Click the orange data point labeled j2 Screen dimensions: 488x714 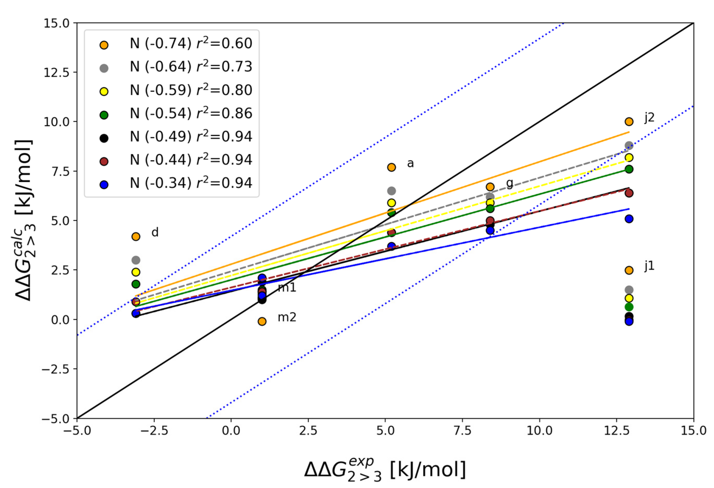pyautogui.click(x=628, y=121)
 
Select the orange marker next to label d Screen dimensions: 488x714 pyautogui.click(x=136, y=236)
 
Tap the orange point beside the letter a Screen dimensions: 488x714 pyautogui.click(x=391, y=167)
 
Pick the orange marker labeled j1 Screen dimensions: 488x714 pyautogui.click(x=628, y=270)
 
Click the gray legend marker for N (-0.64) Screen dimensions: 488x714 pyautogui.click(x=104, y=68)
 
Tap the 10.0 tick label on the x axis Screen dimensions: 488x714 pyautogui.click(x=539, y=430)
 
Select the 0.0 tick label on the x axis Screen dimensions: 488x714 pyautogui.click(x=231, y=430)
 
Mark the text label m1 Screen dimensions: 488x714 pyautogui.click(x=287, y=288)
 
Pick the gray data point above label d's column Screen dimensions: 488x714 pyautogui.click(x=136, y=260)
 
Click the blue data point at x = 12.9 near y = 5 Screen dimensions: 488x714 pyautogui.click(x=628, y=219)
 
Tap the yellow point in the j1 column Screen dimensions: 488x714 pyautogui.click(x=628, y=298)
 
